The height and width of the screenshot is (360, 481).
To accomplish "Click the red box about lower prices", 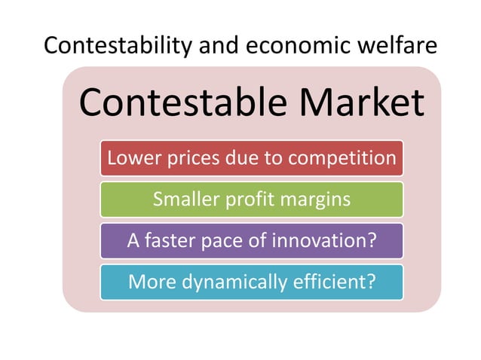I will click(x=252, y=158).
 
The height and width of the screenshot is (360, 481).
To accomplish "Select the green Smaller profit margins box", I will click(x=252, y=200).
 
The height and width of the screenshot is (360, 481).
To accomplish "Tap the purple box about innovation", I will click(x=252, y=241).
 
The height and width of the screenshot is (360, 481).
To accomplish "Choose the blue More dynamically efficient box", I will click(x=252, y=282).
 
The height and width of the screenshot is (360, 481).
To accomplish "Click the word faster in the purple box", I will click(x=168, y=241).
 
